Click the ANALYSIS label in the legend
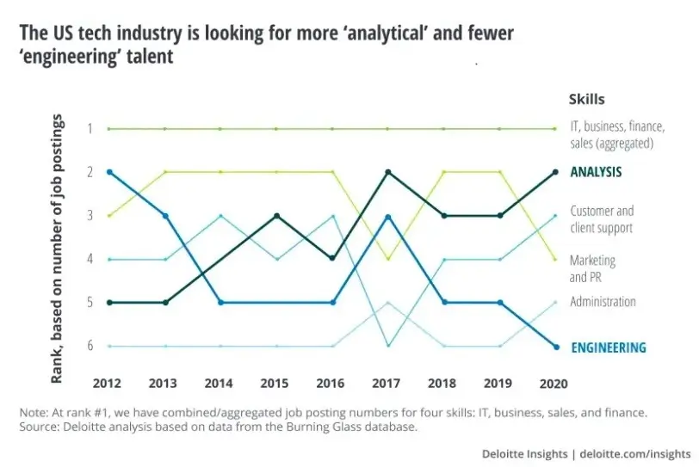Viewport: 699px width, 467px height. [596, 172]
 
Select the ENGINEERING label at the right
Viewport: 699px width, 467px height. [607, 347]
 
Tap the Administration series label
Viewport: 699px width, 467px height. [603, 302]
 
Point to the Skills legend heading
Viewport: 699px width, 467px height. [586, 100]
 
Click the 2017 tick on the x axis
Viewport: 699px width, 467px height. [388, 381]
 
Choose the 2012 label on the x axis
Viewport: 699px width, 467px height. [108, 381]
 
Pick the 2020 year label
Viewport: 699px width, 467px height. [555, 381]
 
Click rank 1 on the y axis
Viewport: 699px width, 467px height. [89, 128]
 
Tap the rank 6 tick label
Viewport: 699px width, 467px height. [89, 347]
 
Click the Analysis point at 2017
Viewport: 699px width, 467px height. [388, 172]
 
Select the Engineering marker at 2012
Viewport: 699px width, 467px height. [108, 172]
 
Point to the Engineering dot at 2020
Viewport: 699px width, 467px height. [555, 347]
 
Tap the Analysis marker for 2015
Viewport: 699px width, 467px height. [276, 216]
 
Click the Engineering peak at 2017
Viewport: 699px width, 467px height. [388, 216]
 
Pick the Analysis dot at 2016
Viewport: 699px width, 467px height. [332, 258]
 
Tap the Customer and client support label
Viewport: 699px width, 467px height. [601, 219]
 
